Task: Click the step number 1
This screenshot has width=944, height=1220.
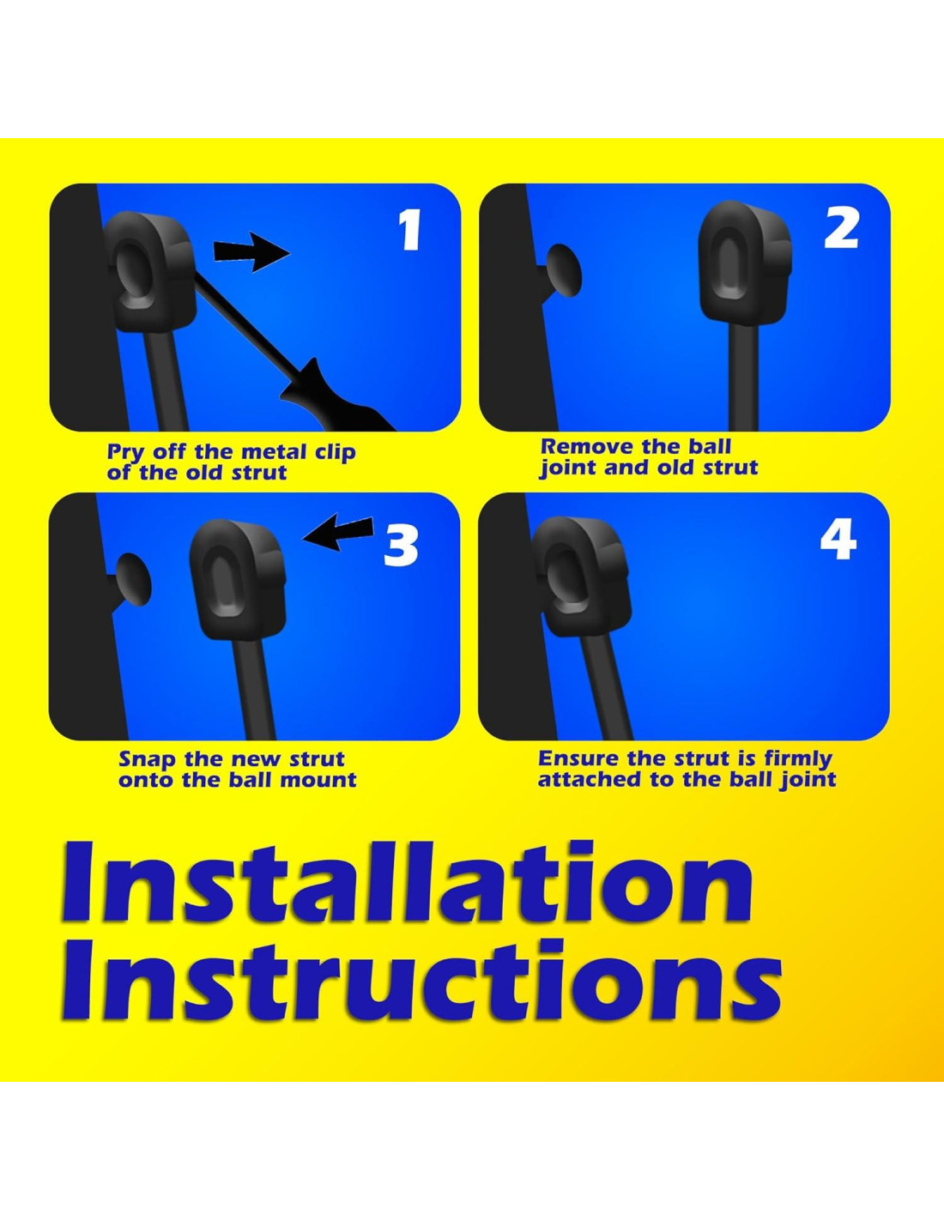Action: pyautogui.click(x=410, y=230)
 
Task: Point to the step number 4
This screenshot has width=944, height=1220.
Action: pyautogui.click(x=838, y=539)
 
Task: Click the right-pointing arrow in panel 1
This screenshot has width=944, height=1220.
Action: pyautogui.click(x=251, y=251)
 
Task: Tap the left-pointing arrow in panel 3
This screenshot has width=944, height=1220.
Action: pyautogui.click(x=338, y=532)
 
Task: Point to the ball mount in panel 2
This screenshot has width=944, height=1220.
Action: pyautogui.click(x=563, y=270)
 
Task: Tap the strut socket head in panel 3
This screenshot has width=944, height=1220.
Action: pyautogui.click(x=238, y=579)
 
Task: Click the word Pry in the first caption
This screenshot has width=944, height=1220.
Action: pyautogui.click(x=127, y=453)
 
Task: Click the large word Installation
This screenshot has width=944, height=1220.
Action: pyautogui.click(x=407, y=885)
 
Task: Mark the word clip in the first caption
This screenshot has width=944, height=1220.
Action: pyautogui.click(x=335, y=452)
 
